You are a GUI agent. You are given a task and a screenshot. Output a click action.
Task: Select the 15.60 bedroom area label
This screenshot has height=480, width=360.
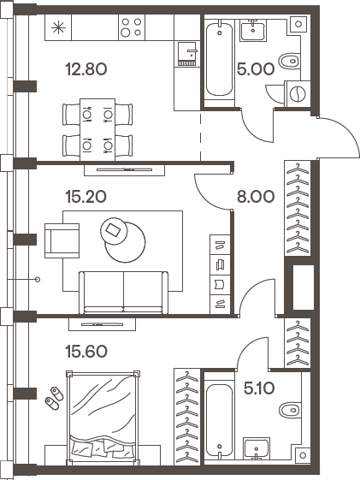pos(86,350)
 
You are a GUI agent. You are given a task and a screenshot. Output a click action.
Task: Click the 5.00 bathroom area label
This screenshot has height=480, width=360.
pos(255,69)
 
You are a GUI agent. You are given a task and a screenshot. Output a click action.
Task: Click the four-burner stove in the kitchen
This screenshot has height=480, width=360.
pos(131,27)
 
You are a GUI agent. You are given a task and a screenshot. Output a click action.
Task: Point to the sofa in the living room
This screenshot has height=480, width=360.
pos(123,290)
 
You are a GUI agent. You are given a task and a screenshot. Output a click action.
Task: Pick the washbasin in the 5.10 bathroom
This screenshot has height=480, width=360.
pos(257,447)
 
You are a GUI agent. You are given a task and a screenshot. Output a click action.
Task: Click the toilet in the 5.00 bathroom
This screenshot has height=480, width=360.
pos(292,62)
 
